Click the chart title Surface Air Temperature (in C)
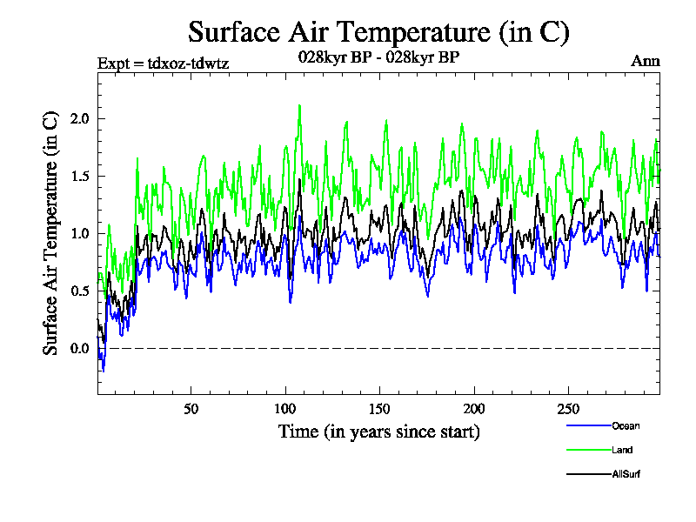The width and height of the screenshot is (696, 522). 378,32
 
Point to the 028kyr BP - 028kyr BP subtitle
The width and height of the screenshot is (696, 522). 378,57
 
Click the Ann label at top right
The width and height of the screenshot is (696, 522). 645,62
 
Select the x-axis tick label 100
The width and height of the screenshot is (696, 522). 285,409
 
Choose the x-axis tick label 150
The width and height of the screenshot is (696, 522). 379,409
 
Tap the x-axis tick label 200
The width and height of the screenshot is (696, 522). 473,409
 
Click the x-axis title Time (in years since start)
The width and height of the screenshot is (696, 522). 378,432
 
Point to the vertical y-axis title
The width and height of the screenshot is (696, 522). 51,232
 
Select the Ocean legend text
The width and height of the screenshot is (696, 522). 626,425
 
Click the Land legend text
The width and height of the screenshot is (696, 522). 622,450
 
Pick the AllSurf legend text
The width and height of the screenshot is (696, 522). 627,474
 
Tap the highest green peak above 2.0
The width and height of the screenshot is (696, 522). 299,106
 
